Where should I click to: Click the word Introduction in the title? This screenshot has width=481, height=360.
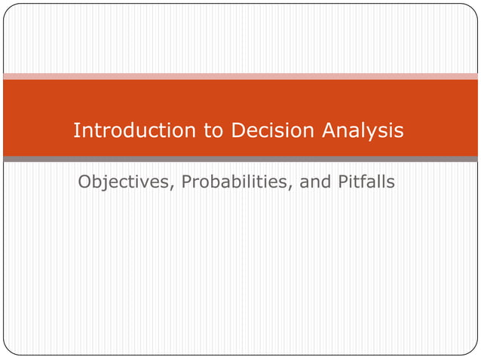135,131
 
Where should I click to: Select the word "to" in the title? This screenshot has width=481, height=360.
214,131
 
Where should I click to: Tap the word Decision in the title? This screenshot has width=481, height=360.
273,131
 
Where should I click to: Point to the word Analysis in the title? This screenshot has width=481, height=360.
363,131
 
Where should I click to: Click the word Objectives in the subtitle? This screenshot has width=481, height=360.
122,182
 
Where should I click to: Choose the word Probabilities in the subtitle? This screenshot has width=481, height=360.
229,182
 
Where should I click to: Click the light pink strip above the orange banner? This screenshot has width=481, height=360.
240,76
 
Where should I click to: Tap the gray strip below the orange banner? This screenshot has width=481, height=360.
240,159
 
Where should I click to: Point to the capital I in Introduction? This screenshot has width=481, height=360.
76,130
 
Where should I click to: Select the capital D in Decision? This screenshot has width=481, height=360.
238,130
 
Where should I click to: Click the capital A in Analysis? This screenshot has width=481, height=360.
329,130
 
